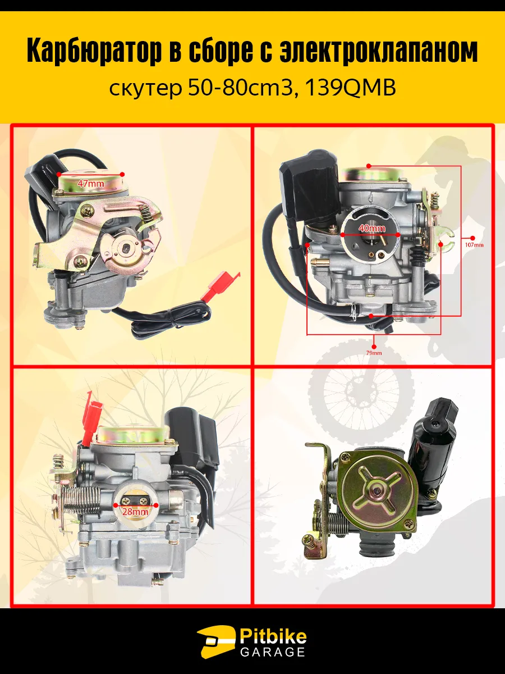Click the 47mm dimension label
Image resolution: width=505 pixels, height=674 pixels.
90,184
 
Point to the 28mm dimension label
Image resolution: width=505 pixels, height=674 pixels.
135,512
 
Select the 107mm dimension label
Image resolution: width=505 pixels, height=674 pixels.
474,245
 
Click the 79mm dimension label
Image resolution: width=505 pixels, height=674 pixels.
374,353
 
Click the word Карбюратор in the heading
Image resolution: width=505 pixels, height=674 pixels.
94,51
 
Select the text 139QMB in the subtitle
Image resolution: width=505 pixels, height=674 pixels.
351,88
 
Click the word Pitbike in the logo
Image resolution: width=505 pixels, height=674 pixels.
273,636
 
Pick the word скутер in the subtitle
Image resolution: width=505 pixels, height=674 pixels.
145,90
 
